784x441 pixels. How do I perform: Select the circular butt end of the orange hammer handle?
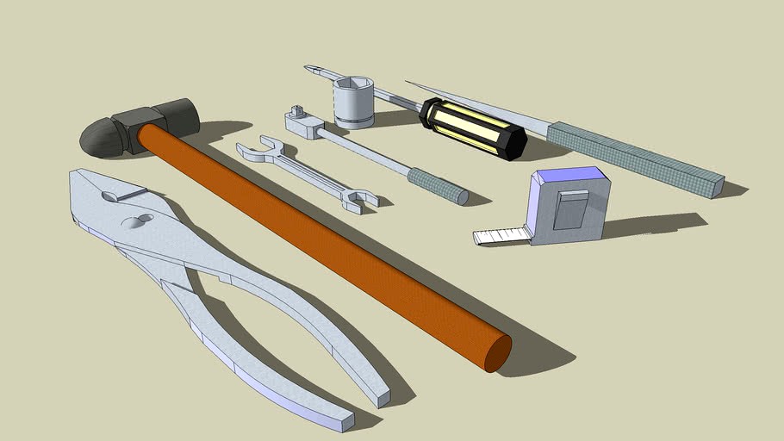coord(497,353)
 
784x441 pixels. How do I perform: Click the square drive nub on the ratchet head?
coord(297,111)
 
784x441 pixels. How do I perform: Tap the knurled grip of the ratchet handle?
coord(437,185)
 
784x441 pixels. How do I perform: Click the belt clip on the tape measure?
coord(570,209)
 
